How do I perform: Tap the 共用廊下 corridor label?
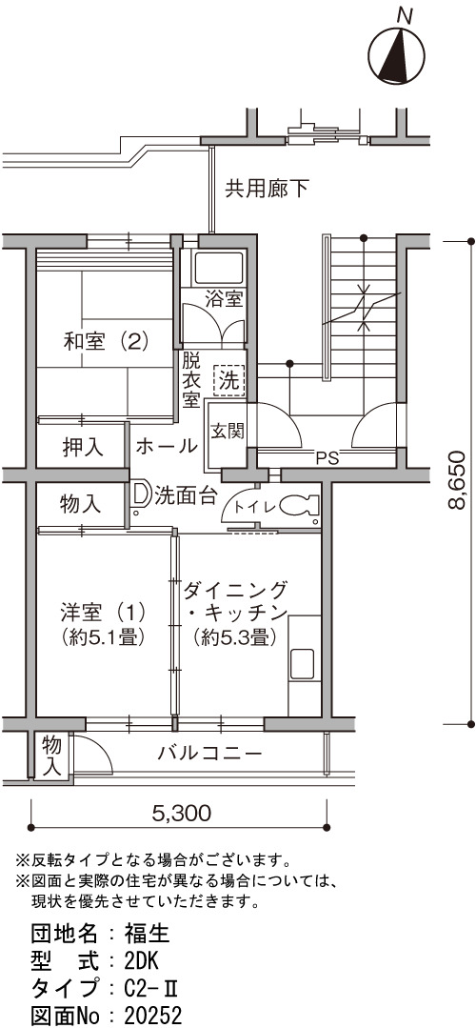pos(267,190)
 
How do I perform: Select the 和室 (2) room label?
pos(106,342)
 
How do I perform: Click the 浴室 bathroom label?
pos(224,300)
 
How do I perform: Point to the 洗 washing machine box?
pos(229,381)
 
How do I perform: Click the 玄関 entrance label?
pos(228,431)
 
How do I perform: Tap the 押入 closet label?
pos(83,447)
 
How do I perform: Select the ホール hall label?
pos(167,447)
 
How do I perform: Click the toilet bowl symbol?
pos(300,506)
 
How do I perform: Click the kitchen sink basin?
pos(303,662)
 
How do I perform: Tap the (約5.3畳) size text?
pos(233,635)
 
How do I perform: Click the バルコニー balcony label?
pos(209,753)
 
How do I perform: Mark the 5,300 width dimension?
pos(182,813)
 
